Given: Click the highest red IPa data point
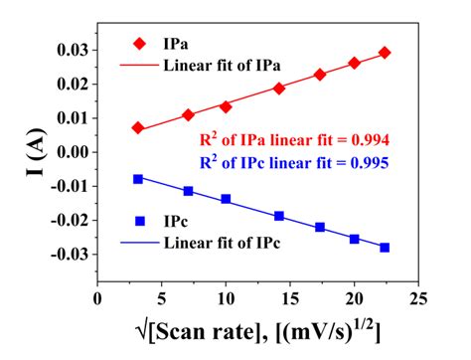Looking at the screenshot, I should tap(385, 52).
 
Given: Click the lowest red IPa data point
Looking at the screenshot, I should tap(138, 128).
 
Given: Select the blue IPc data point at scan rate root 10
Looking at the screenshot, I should tap(226, 199).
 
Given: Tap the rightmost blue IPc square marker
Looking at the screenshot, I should tap(385, 248).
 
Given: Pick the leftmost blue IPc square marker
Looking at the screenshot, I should tap(138, 179).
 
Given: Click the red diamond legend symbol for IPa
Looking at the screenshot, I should tap(141, 44).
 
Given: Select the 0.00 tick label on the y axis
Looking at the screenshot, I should tap(71, 152).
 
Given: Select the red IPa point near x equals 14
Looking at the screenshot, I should tap(279, 89).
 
